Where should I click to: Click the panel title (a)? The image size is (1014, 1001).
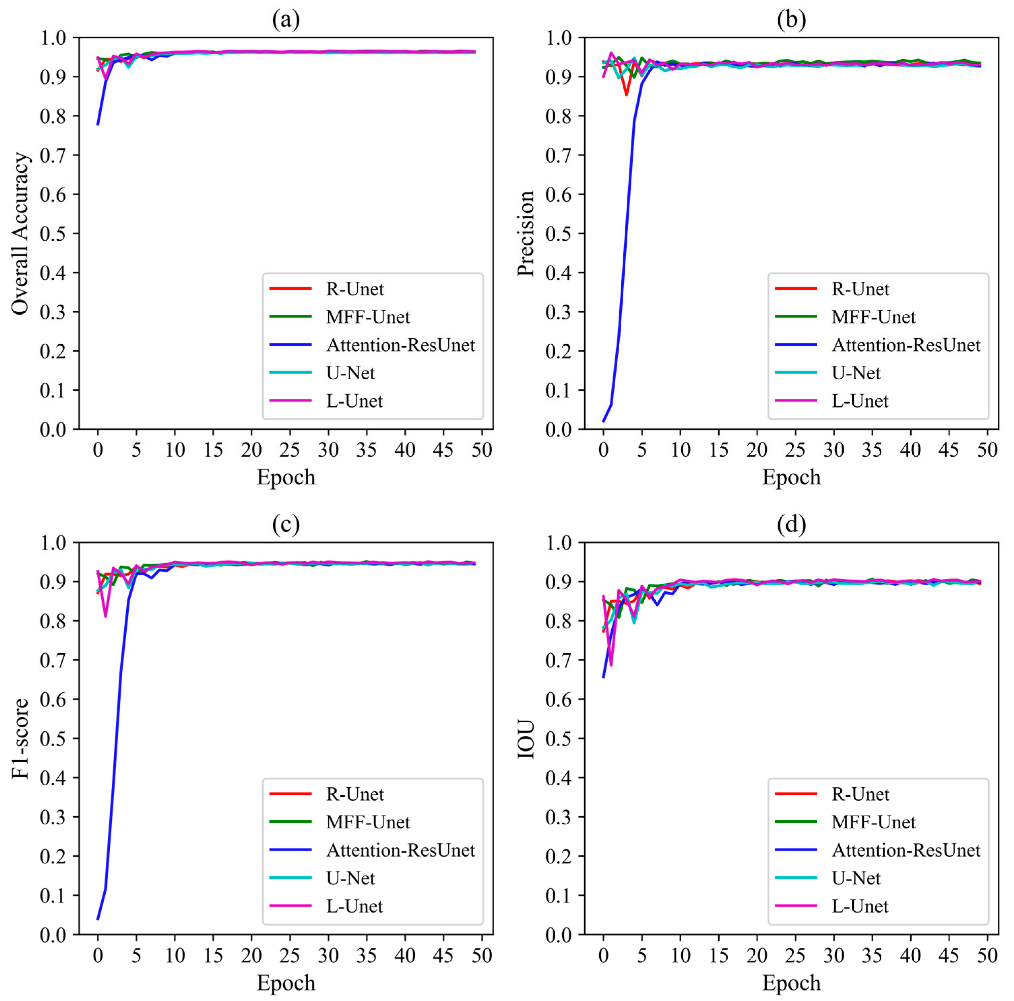tap(286, 20)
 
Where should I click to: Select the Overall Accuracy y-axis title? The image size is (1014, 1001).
tap(20, 234)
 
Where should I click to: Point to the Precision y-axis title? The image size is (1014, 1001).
tap(525, 234)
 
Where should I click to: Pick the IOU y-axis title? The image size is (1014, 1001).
tap(525, 739)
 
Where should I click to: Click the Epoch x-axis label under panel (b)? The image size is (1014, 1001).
tap(791, 477)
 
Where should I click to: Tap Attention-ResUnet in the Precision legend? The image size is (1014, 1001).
tap(906, 345)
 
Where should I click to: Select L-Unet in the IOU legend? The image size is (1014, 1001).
tap(860, 906)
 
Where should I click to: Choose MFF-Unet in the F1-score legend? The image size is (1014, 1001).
tap(368, 822)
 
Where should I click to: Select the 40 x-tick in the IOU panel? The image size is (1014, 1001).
tap(910, 955)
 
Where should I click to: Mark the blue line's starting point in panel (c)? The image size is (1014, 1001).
tap(98, 919)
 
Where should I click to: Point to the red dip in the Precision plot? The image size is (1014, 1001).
tap(626, 95)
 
